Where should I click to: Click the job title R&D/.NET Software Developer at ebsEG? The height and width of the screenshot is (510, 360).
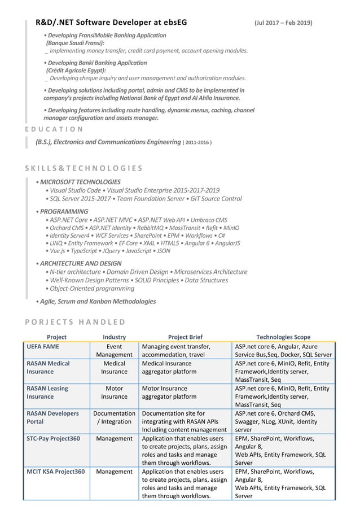[x=111, y=23]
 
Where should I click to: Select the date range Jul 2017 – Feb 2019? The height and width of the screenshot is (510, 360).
[x=283, y=23]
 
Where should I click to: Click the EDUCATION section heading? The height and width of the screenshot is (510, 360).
[x=54, y=129]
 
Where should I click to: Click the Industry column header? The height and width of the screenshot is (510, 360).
[x=115, y=337]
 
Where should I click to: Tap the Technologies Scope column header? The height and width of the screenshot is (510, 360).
[x=283, y=337]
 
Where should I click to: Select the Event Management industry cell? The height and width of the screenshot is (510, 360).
[x=115, y=350]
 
